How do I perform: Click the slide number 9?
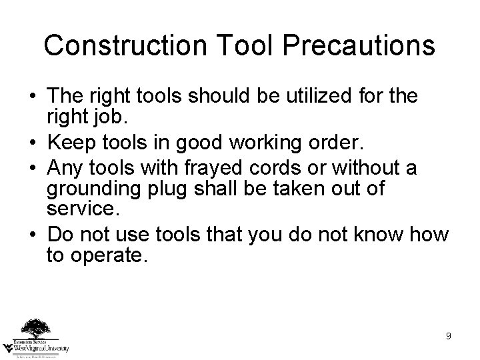[449, 336]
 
